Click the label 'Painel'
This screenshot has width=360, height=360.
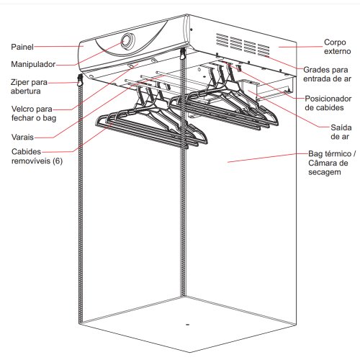pos(22,47)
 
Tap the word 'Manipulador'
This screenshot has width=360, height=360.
pos(33,64)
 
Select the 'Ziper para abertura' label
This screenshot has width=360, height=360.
pos(29,86)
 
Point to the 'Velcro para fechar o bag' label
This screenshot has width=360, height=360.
pos(34,114)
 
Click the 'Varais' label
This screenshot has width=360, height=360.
pos(22,137)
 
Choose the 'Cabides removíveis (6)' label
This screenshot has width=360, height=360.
pos(37,156)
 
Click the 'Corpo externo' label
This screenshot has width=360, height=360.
pos(337,47)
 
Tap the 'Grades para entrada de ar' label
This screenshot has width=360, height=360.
pos(327,74)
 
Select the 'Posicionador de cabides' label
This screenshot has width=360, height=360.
pos(328,103)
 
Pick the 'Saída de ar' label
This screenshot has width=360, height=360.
pos(341,132)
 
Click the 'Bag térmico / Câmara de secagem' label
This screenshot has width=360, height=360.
pos(332,163)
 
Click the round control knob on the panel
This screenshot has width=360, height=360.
pos(128,41)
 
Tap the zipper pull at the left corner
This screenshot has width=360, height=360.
pos(80,81)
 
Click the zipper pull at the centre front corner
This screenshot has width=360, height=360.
pos(183,54)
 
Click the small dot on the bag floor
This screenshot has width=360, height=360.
pos(188,325)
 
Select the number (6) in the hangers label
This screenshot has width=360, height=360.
pos(58,161)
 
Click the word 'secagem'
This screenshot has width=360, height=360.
pos(325,172)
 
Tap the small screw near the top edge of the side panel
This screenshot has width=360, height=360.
pos(192,30)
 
